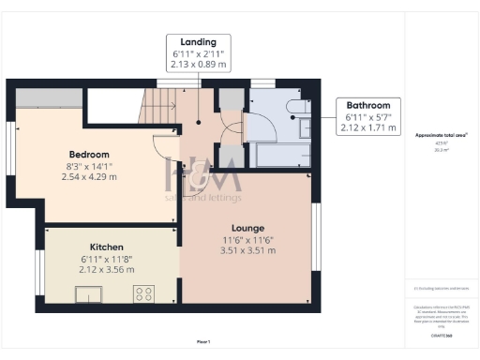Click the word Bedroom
(x=89, y=154)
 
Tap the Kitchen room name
(x=107, y=247)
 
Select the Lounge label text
(x=248, y=228)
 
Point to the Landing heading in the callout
(x=198, y=42)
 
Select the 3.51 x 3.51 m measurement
(x=248, y=250)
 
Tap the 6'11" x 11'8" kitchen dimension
(x=107, y=258)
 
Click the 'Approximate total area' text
(x=441, y=135)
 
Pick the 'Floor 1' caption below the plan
(x=203, y=341)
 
